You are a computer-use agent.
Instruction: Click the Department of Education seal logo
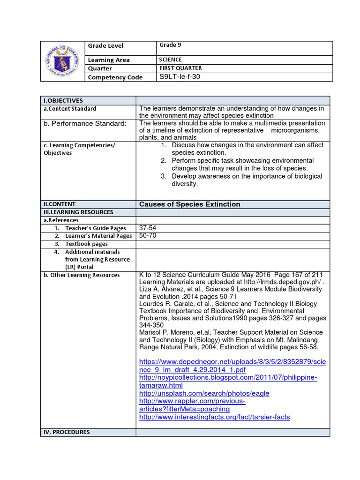tap(63, 61)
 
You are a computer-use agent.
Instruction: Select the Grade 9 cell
tap(170, 45)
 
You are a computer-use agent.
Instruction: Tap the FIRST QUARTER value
tap(180, 68)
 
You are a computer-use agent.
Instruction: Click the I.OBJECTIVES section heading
tap(63, 100)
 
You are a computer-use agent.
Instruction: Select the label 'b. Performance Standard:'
tap(85, 123)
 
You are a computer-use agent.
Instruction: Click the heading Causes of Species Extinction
tap(189, 204)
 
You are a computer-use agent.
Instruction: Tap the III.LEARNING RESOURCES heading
tap(78, 212)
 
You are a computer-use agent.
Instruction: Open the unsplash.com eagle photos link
tap(204, 393)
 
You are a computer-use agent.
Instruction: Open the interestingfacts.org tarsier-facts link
tap(214, 417)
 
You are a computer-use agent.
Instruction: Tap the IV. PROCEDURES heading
tap(66, 432)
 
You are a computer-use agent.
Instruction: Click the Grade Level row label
tap(105, 46)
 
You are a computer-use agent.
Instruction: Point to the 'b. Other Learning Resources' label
tap(81, 275)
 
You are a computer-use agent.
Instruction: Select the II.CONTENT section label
tap(60, 204)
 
